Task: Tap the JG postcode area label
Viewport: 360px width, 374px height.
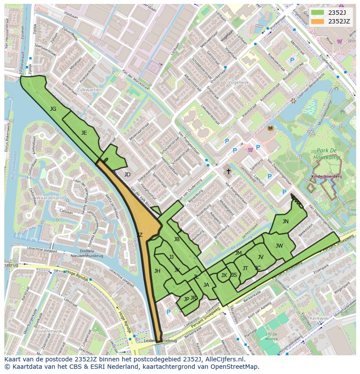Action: (x=53, y=109)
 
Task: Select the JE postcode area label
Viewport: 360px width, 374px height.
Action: (x=84, y=133)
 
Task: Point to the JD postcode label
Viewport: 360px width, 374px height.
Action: (x=127, y=175)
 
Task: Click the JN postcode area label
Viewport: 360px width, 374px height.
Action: (x=285, y=221)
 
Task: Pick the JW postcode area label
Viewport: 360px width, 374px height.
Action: (x=279, y=245)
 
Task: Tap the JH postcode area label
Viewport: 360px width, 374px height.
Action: (x=157, y=271)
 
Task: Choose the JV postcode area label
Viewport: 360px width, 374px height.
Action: (x=260, y=257)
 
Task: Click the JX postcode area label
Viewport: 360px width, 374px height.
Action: (x=224, y=275)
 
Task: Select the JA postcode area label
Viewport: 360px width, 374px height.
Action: (x=206, y=285)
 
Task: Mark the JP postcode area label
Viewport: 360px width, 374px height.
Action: (x=186, y=299)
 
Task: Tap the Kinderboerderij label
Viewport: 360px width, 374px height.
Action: (x=327, y=177)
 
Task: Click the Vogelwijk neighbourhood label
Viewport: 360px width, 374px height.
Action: (x=238, y=82)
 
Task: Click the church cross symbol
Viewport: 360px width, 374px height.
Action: (x=228, y=172)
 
